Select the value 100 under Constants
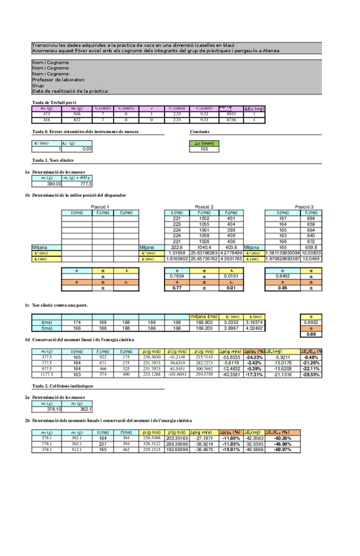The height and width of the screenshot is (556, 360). point(204,149)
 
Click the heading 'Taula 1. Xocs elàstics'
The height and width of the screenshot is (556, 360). point(53,160)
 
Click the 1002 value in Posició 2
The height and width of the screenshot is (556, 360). point(204,218)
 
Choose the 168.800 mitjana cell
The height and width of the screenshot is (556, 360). point(204,322)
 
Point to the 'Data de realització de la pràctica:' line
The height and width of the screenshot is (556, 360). point(70,90)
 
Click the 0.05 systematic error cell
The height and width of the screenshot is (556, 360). point(76,149)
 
